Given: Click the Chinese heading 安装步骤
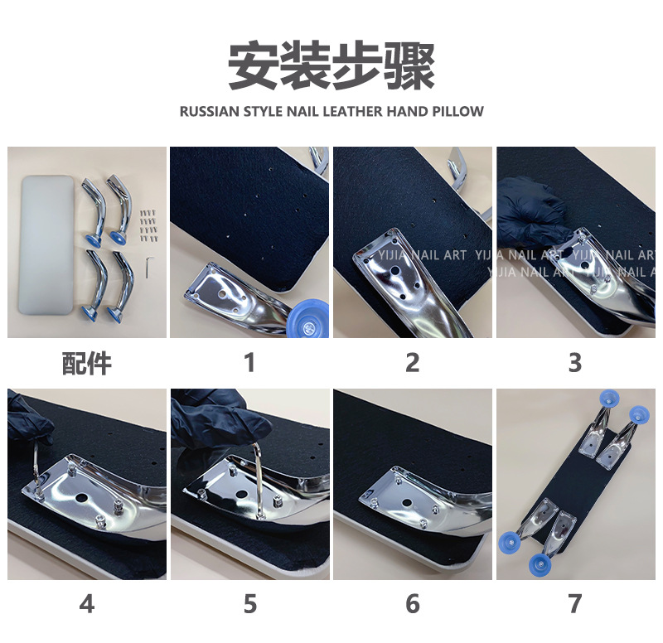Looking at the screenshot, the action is point(331,65).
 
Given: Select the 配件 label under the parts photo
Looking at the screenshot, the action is point(87,363).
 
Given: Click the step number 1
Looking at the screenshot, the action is point(250,363).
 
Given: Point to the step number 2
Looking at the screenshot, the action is point(413,363).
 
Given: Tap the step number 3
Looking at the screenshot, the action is point(575,363).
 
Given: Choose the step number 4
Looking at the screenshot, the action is point(87,604).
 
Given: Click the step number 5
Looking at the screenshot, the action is point(250,604).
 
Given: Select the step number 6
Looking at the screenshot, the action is point(413,604).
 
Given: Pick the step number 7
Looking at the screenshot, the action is point(575,604).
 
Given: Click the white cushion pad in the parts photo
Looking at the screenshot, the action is point(46,245).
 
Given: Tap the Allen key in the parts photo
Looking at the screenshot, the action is point(148,267).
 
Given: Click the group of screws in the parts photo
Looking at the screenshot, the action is point(148,225).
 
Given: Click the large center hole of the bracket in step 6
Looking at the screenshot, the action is point(407,504).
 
